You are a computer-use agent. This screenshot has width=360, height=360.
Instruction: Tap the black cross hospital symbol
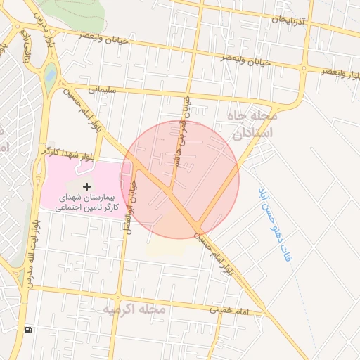(86, 186)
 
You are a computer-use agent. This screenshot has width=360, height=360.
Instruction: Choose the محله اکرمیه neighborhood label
(134, 309)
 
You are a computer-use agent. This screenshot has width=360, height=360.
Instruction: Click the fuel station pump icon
(28, 330)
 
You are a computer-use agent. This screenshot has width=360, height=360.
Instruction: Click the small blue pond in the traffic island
(50, 74)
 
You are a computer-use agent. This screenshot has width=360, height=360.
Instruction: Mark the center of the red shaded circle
(180, 179)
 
